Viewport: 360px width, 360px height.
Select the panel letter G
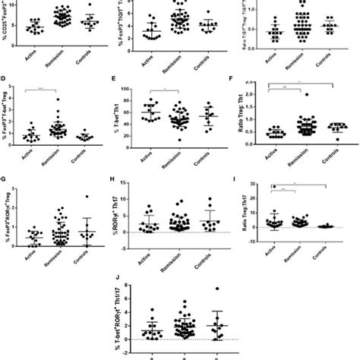pyautogui.click(x=6, y=181)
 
